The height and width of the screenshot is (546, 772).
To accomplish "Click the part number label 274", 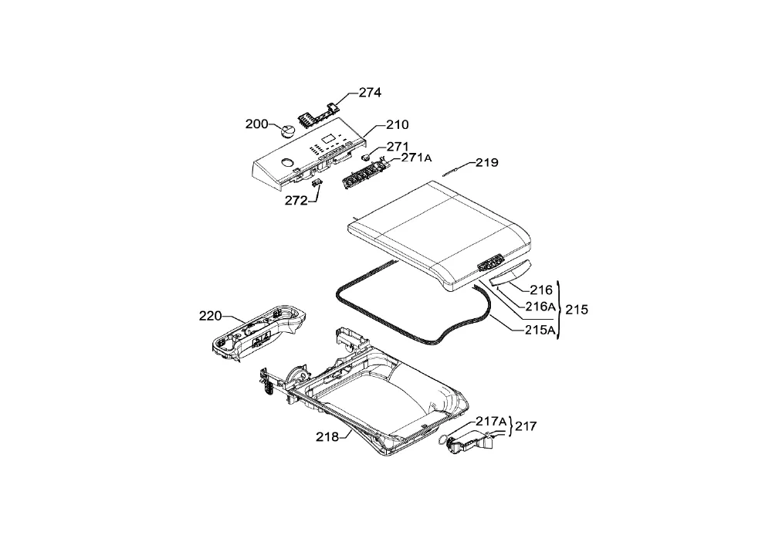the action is [x=370, y=92].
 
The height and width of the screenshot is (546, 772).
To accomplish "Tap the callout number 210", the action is [x=397, y=124].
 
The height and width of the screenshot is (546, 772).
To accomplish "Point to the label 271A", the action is [x=417, y=158].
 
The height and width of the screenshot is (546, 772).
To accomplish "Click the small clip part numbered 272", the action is [x=317, y=183].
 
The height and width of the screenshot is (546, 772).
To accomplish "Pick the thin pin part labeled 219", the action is [x=451, y=171].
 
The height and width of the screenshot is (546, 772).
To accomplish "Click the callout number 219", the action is [x=486, y=162].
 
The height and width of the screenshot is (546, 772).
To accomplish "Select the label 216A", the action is [x=540, y=307].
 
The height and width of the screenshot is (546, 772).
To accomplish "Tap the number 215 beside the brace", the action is [x=577, y=310].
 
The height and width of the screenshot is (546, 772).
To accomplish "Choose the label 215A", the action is [x=540, y=330].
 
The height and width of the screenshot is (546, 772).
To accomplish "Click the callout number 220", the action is [x=210, y=316].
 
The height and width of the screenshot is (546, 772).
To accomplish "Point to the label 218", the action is [x=327, y=436].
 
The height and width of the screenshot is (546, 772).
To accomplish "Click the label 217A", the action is [x=491, y=422].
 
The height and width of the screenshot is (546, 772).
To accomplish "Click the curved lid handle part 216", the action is [x=511, y=273].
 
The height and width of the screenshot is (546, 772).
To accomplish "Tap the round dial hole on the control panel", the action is [x=286, y=162].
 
